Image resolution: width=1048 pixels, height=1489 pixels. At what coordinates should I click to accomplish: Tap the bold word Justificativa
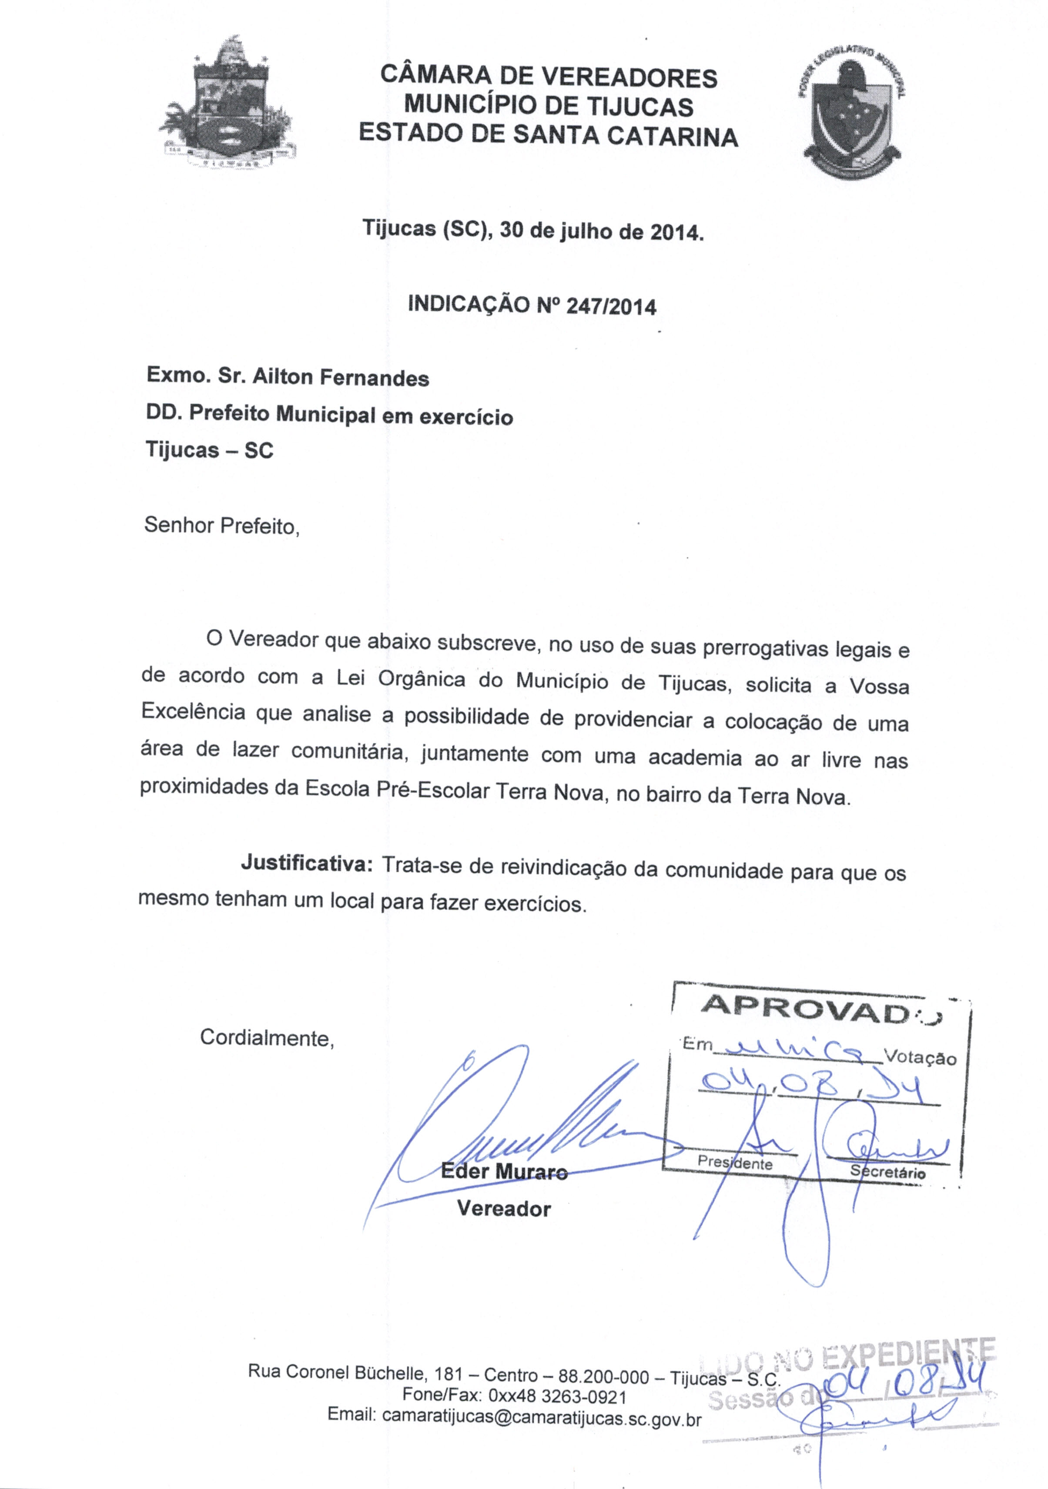pos(306,863)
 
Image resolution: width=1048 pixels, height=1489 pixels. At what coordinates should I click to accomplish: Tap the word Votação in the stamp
pos(920,1058)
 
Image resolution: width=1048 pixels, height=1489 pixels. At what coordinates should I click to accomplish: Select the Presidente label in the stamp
pos(735,1164)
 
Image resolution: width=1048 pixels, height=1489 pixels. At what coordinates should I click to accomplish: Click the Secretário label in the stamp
pos(888,1172)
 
